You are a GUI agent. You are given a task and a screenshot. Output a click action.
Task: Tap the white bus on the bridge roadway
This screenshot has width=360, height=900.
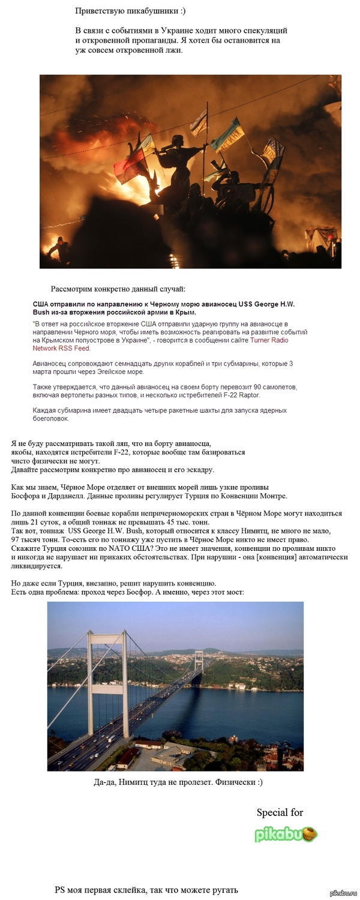coord(112,739)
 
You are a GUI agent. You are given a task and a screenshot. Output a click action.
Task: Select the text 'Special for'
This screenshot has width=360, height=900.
coord(280,812)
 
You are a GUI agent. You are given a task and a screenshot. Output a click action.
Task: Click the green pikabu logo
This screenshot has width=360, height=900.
coord(286,834)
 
